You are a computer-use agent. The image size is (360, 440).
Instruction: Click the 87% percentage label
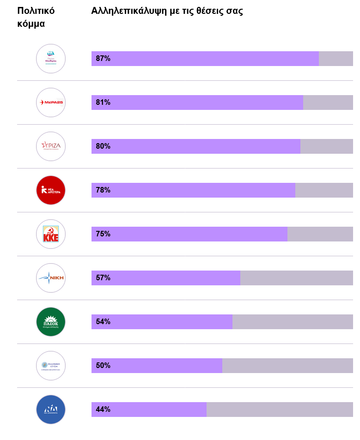[x=103, y=59]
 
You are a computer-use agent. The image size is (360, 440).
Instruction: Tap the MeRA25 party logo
[x=51, y=102]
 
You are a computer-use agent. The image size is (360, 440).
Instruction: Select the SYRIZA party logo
[x=51, y=146]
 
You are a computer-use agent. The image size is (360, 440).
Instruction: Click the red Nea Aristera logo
[x=51, y=190]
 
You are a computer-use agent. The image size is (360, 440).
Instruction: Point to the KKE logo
[x=51, y=234]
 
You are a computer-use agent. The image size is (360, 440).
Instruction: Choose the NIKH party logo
[x=51, y=278]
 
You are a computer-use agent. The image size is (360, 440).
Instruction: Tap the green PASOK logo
[x=51, y=322]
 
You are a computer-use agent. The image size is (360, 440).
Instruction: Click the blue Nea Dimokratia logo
[x=51, y=410]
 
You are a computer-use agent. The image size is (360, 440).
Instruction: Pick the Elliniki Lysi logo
[x=51, y=366]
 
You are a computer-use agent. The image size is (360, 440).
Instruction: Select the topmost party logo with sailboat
[x=51, y=59]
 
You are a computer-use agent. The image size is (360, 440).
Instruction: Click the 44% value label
[x=103, y=410]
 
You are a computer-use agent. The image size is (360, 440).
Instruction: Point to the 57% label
[x=103, y=278]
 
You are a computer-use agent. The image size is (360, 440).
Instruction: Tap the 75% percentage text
[x=103, y=234]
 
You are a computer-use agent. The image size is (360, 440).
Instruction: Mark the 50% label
[x=103, y=366]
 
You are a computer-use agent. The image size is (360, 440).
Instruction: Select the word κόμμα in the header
[x=31, y=24]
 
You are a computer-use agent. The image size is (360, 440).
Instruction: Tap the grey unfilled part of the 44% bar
[x=280, y=410]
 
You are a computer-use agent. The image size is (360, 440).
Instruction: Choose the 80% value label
[x=103, y=146]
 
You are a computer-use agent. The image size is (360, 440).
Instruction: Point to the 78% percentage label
[x=103, y=190]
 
